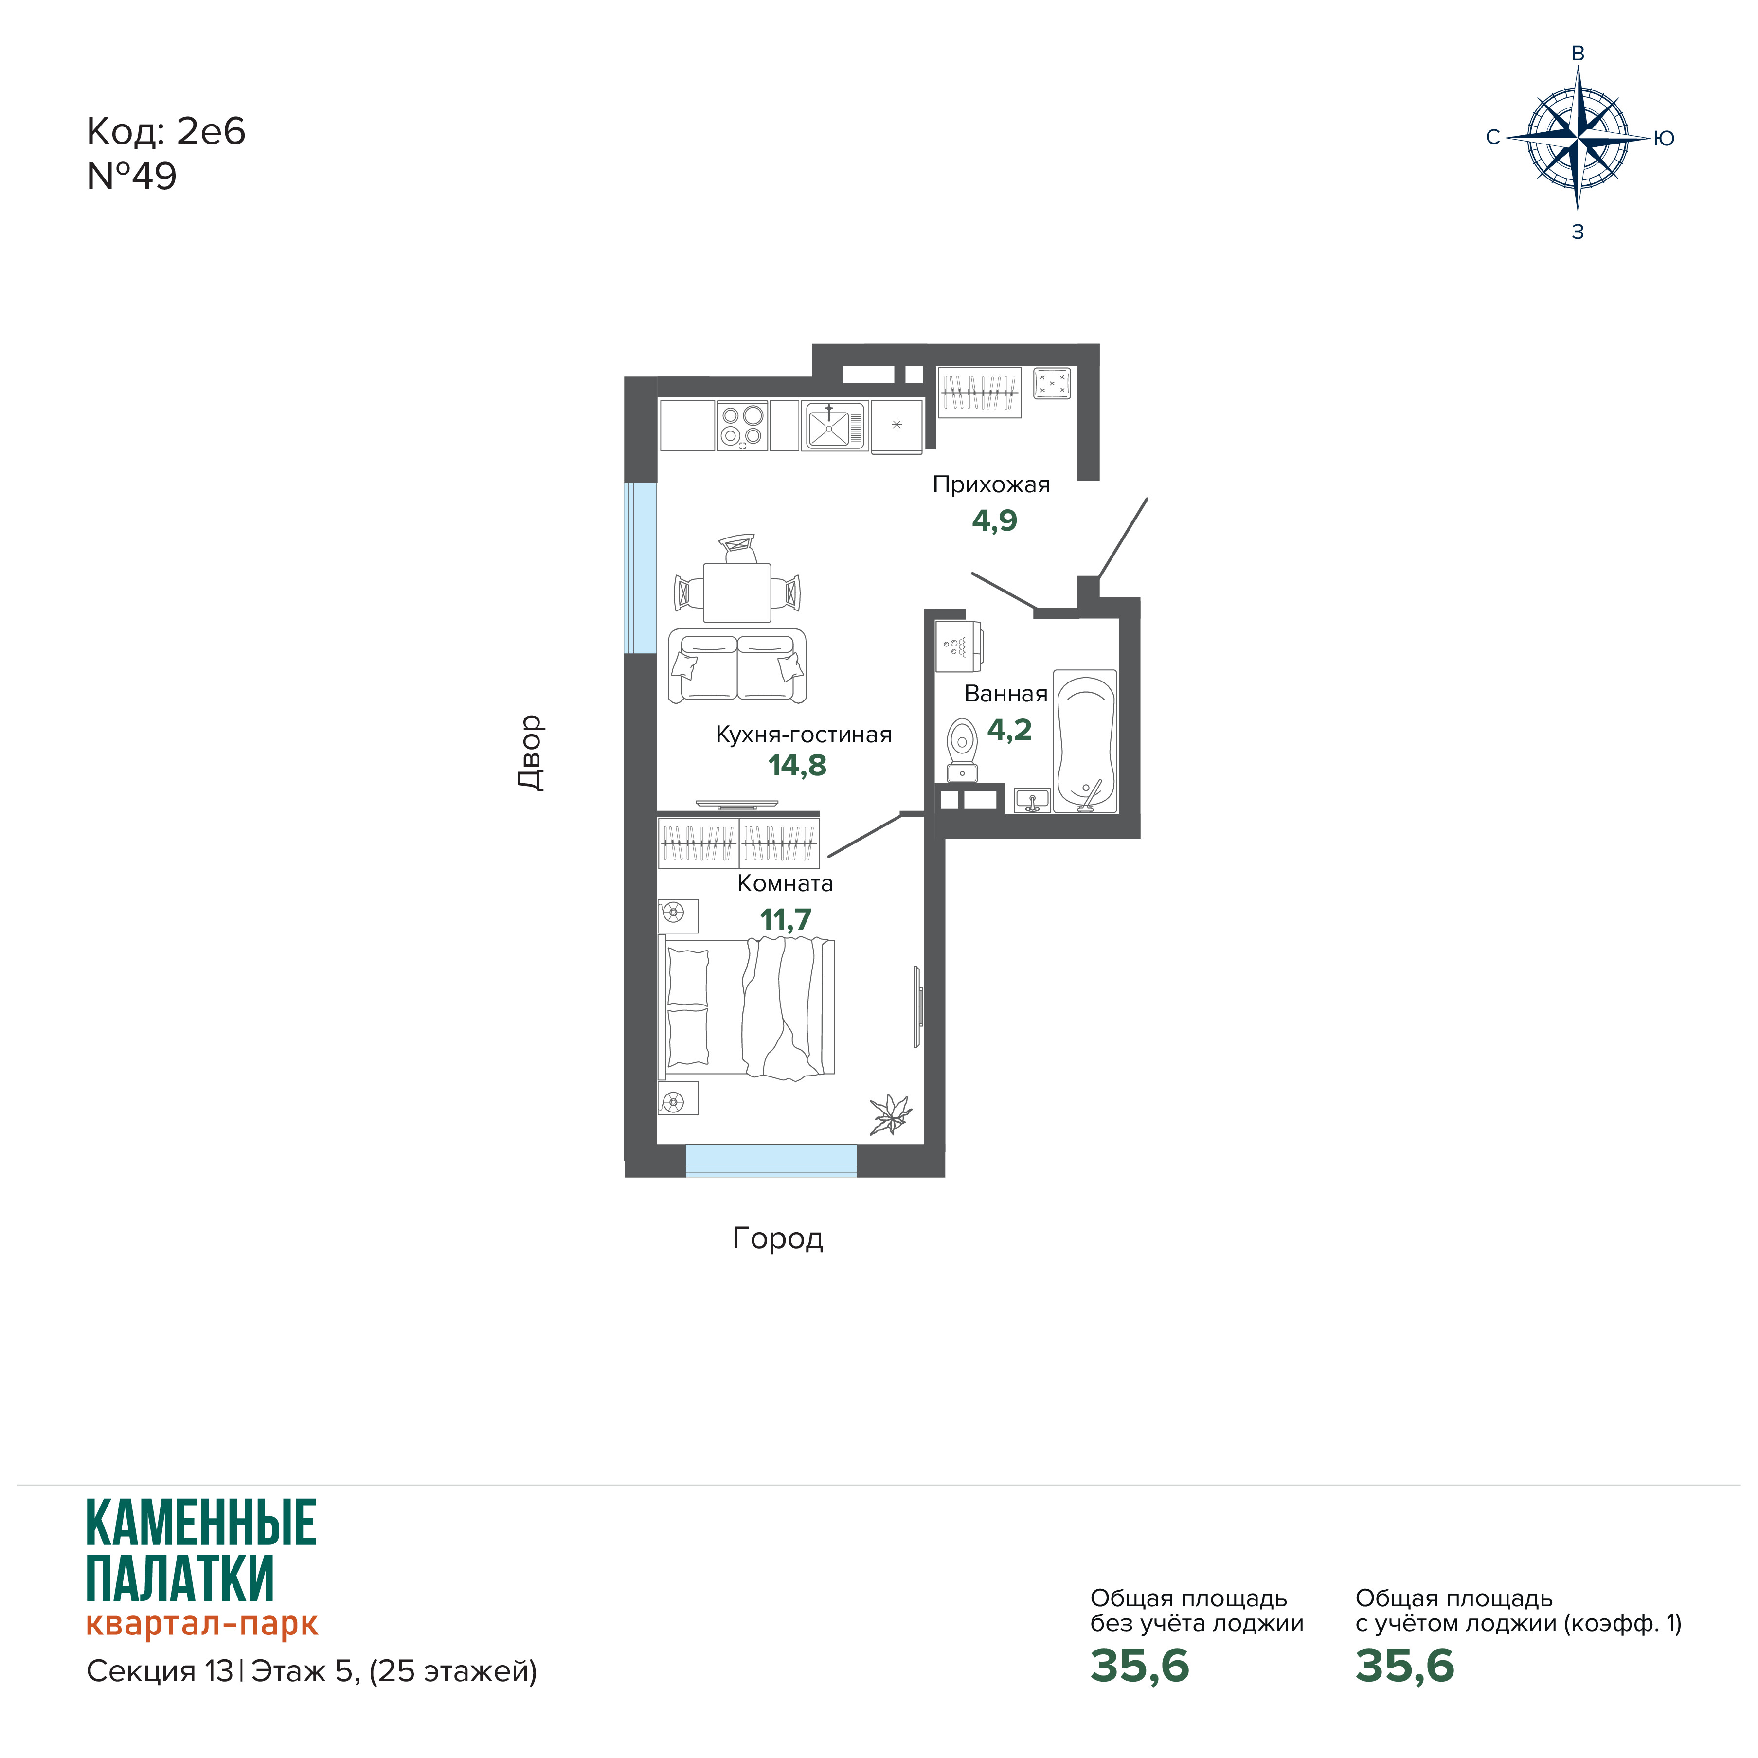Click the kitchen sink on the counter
pos(833,426)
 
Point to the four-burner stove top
pos(742,426)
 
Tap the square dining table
pos(737,592)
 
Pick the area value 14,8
pos(797,765)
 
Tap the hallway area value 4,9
pos(995,520)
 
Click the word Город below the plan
pos(778,1238)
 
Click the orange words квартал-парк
pos(202,1624)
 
